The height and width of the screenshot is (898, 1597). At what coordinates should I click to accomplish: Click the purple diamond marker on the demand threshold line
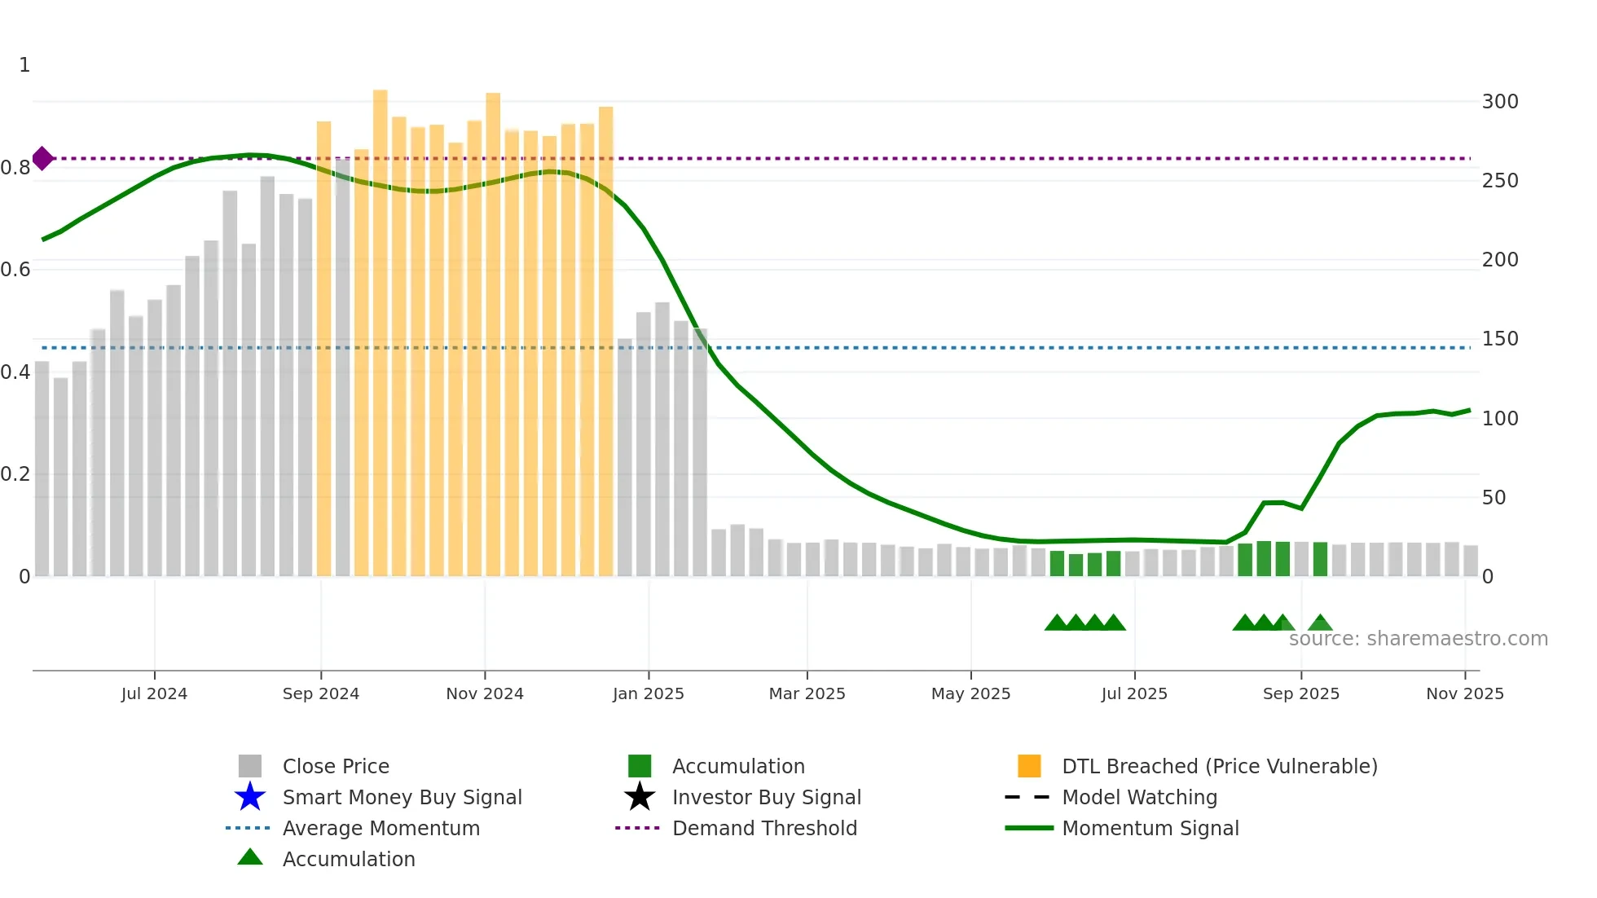(42, 158)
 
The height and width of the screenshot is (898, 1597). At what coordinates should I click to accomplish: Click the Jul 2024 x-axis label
(154, 693)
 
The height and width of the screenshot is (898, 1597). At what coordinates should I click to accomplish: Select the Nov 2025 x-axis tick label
(1464, 693)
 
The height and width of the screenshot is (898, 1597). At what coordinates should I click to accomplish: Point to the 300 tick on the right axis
(1499, 102)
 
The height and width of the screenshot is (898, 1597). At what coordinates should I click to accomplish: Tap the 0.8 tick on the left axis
(15, 168)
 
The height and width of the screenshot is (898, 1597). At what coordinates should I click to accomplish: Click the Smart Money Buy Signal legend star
(250, 797)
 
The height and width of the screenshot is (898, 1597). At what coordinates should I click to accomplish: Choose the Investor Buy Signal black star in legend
(640, 797)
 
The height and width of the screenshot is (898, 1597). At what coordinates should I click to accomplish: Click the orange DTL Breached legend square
(1029, 766)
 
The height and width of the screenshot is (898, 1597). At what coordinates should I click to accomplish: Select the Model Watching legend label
(1139, 797)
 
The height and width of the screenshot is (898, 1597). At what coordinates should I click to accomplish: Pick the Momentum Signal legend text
(1150, 828)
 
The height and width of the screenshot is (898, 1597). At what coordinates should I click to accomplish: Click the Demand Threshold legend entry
(764, 828)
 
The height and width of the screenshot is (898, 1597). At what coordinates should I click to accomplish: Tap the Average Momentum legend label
(381, 828)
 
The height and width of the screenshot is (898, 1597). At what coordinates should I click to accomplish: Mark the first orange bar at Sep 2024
(323, 350)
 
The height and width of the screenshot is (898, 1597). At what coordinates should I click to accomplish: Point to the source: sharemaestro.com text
(1418, 639)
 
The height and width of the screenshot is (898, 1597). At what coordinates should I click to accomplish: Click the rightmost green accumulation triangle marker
(1320, 623)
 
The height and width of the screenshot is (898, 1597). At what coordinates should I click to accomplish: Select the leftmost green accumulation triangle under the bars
(1056, 623)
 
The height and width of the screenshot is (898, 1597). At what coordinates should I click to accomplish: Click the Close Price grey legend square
(250, 766)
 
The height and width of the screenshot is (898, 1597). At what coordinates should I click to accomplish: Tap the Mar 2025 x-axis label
(807, 693)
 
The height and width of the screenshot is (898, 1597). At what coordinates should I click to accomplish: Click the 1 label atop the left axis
(24, 65)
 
